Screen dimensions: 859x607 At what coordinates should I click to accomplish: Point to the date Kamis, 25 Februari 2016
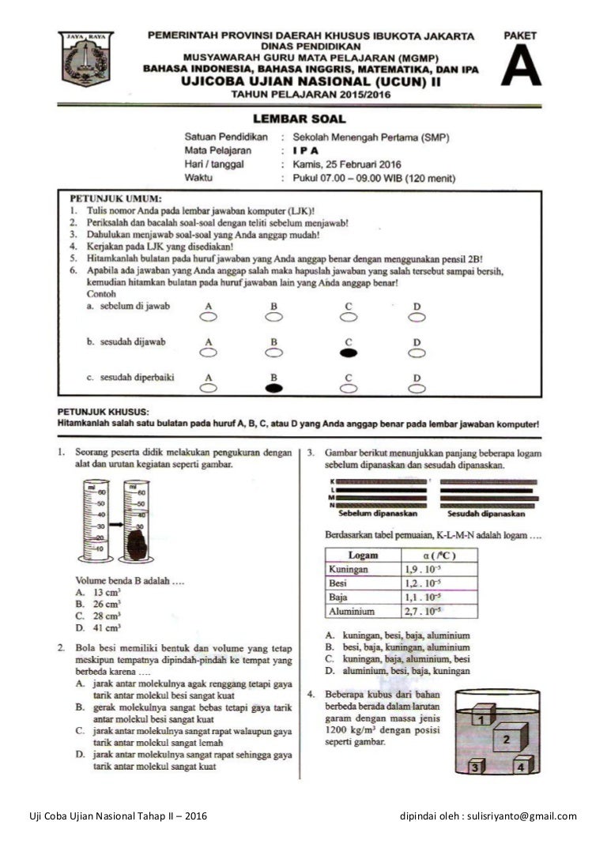coord(346,164)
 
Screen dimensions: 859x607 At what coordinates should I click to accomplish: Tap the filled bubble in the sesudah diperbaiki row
coord(274,388)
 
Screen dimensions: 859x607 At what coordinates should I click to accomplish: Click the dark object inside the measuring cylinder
coord(138,544)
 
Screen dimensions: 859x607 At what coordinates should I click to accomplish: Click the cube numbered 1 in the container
coord(480,717)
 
